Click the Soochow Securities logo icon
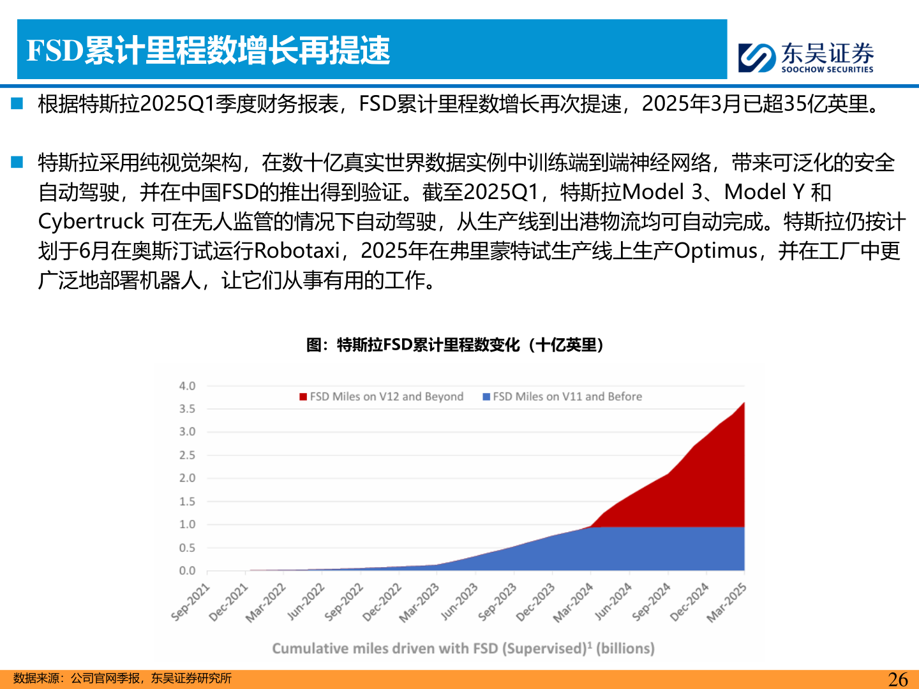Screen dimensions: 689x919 [756, 57]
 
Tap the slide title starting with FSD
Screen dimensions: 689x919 [208, 50]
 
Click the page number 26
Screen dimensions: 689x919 [897, 679]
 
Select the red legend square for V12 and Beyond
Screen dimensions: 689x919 [303, 397]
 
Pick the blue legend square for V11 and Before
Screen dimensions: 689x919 [486, 397]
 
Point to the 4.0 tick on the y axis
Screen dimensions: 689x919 [187, 386]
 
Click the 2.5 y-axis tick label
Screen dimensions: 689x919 [187, 455]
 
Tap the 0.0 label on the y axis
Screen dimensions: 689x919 [187, 571]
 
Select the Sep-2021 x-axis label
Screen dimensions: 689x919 [191, 602]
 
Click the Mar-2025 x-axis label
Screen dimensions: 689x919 [726, 602]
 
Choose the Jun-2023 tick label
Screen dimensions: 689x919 [459, 602]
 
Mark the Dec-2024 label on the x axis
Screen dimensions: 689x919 [689, 602]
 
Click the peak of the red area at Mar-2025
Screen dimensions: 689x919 [743, 403]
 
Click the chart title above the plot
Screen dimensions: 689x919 [455, 345]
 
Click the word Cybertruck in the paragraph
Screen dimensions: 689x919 [91, 221]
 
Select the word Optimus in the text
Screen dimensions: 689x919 [715, 251]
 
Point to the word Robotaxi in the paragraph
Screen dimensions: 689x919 [297, 251]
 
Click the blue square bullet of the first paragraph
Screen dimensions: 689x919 [17, 103]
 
